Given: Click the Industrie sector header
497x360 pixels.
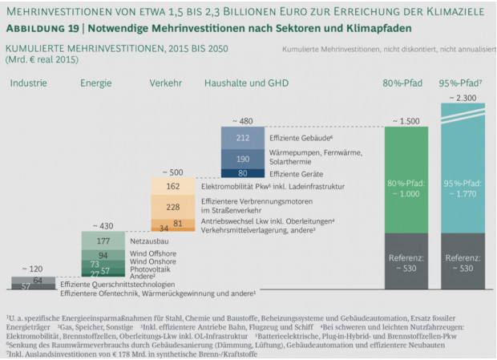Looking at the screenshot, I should click(28, 83).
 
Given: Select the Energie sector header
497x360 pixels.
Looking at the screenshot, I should click(95, 83).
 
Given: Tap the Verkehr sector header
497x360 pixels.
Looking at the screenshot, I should click(165, 83).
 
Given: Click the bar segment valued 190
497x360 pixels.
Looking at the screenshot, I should click(243, 159).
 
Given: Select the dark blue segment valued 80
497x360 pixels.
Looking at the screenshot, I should click(243, 172).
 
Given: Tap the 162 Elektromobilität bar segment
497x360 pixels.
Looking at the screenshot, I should click(173, 186).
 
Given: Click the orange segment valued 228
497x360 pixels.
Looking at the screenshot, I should click(173, 207).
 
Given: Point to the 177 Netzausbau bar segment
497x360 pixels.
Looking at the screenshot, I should click(103, 241).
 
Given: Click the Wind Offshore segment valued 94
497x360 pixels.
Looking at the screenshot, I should click(103, 255).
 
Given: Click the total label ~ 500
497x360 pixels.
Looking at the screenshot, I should click(172, 172).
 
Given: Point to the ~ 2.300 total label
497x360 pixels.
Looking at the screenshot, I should click(463, 97).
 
